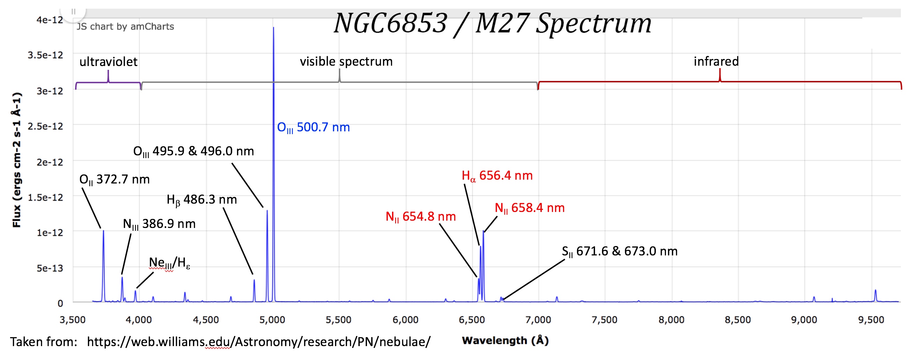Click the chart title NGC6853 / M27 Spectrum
point(492,24)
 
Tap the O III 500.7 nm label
point(313,128)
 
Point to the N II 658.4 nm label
point(529,208)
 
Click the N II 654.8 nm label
point(421,216)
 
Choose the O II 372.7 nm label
point(114,179)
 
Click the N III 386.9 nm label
point(159,224)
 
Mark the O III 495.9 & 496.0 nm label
point(193,152)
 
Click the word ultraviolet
point(108,62)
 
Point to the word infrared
point(716,62)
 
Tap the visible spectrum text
point(346,62)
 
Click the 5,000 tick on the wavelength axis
point(272,320)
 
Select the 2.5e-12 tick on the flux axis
point(45,126)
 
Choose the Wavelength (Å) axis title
point(505,341)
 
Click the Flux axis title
point(17,159)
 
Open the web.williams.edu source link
point(259,342)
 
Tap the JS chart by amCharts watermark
point(125,26)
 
